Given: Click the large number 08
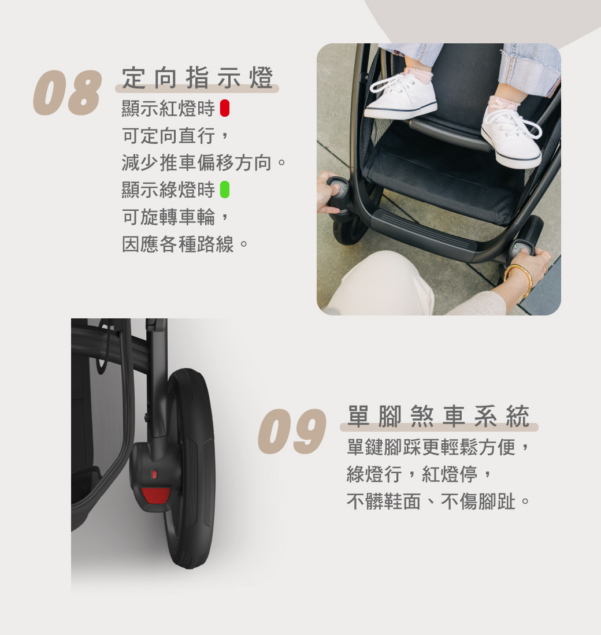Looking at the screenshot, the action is pyautogui.click(x=67, y=92).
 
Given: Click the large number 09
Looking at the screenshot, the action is pyautogui.click(x=292, y=431).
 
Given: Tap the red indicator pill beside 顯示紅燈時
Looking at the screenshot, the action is pyautogui.click(x=225, y=109).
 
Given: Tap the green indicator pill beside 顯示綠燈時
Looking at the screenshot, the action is pyautogui.click(x=225, y=190).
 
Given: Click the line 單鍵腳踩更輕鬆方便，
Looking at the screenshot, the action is pyautogui.click(x=439, y=447).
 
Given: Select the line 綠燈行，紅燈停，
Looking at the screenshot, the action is pyautogui.click(x=420, y=474).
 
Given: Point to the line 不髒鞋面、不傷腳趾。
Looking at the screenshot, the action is pyautogui.click(x=439, y=502).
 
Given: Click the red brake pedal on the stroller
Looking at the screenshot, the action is pyautogui.click(x=155, y=495).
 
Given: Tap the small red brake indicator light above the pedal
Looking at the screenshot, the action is pyautogui.click(x=154, y=474).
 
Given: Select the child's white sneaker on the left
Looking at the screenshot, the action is pyautogui.click(x=400, y=96).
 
